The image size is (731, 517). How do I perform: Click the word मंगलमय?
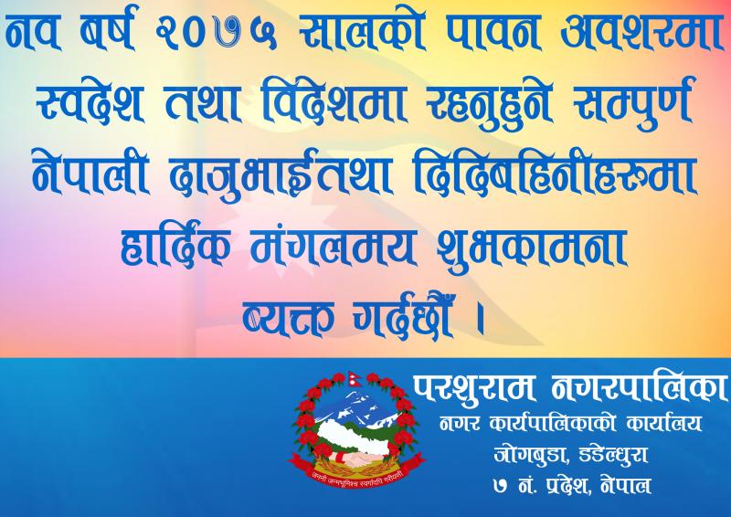tap(333, 246)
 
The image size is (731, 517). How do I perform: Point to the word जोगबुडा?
tap(531, 455)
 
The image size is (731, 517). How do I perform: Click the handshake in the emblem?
tap(356, 459)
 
